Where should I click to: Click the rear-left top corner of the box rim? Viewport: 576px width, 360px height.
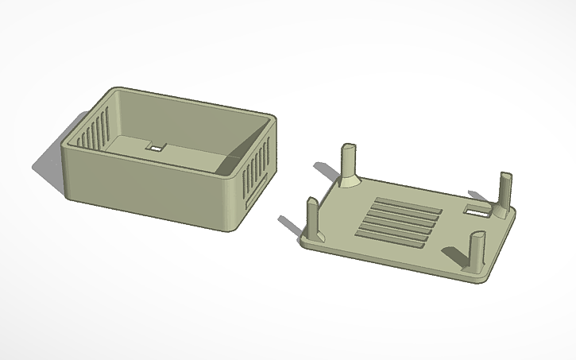[117, 91]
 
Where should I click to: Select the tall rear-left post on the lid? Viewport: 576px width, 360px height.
[348, 162]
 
